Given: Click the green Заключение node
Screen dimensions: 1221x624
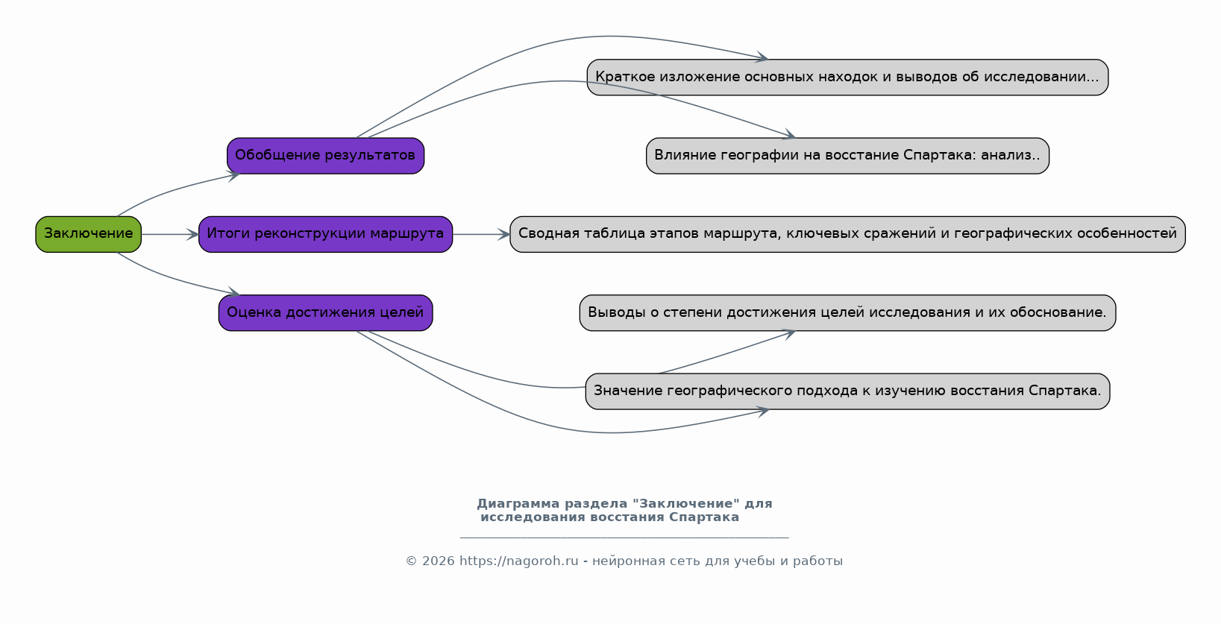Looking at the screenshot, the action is (x=88, y=234).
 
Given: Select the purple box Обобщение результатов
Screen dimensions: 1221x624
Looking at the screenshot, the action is (x=325, y=156).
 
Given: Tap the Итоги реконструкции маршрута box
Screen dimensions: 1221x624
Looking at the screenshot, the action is (x=325, y=234).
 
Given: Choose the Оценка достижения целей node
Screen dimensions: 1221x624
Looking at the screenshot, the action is (x=325, y=313).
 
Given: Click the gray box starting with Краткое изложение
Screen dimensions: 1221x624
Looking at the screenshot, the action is (x=847, y=78).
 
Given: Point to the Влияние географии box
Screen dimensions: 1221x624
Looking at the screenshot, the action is (x=847, y=156).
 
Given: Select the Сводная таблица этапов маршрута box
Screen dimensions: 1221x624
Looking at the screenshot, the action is (x=847, y=234).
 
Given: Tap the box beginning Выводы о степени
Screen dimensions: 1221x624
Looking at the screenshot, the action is (x=847, y=313).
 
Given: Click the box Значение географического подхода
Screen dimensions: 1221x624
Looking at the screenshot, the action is (x=847, y=391).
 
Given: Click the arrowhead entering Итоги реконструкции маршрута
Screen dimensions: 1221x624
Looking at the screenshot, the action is (x=192, y=234).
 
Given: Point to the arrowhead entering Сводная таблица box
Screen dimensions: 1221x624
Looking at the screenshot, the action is (x=503, y=234).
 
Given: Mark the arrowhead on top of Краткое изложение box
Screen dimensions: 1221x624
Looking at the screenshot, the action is (x=762, y=57).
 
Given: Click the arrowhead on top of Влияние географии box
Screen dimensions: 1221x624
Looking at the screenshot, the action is (x=789, y=135).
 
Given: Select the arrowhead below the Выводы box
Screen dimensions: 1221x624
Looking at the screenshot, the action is (x=789, y=334).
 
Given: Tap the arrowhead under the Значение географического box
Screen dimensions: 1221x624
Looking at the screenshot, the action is (x=762, y=412).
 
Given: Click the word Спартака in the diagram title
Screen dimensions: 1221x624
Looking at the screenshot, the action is (x=703, y=517).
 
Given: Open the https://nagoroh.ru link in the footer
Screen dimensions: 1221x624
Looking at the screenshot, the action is (x=519, y=561).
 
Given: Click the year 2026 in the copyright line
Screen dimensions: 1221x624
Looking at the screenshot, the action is (x=439, y=561).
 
